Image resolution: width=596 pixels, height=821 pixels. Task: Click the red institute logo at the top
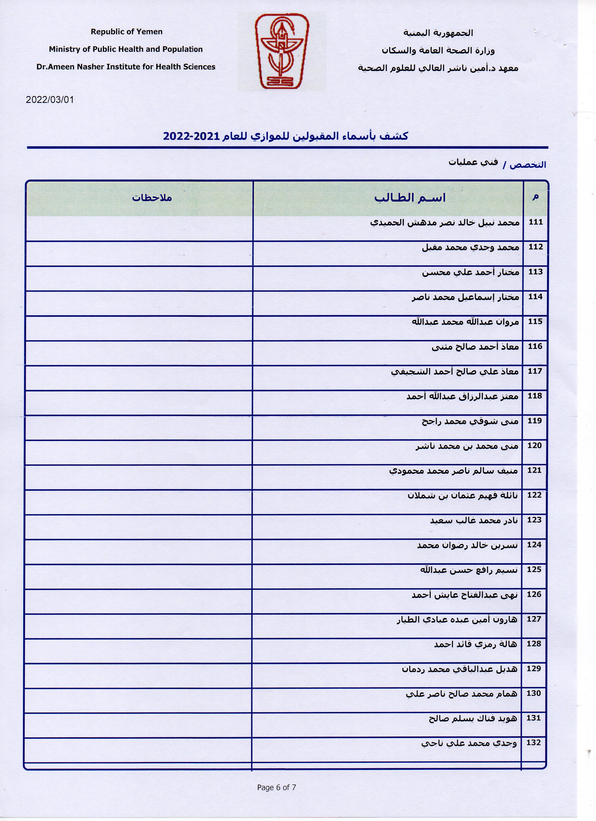(281, 51)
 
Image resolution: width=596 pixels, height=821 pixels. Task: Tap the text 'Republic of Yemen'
(127, 32)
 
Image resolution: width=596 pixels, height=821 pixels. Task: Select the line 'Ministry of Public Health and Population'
(126, 49)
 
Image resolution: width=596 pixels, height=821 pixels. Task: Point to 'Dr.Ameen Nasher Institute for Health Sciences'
(126, 67)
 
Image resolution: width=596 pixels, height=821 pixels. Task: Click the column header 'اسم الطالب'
(410, 198)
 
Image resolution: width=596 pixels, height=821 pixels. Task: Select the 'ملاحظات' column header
(152, 198)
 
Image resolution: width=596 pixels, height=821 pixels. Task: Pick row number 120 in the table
(535, 446)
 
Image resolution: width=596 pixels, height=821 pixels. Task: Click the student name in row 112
(470, 248)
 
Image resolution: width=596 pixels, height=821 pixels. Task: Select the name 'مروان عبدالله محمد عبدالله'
(465, 322)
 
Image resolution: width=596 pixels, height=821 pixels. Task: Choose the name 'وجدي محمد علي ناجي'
(469, 743)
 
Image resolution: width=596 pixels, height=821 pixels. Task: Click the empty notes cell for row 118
(139, 402)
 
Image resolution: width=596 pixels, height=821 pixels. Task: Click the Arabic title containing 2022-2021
(286, 136)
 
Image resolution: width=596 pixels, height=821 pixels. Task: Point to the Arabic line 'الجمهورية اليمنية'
(438, 33)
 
